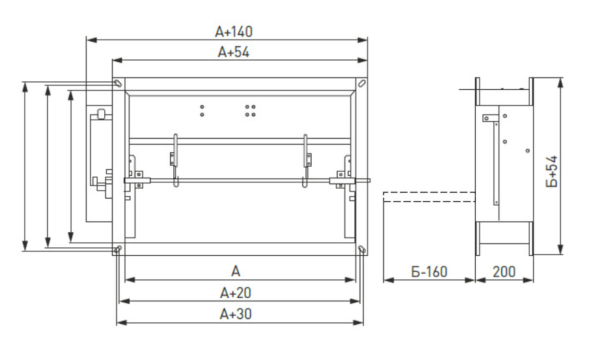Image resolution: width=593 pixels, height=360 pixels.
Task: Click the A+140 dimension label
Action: click(x=234, y=32)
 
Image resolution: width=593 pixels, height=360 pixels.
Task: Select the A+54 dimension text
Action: click(x=234, y=52)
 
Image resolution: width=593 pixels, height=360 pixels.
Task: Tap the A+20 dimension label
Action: click(x=236, y=293)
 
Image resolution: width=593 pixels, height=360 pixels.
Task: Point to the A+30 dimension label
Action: click(x=236, y=314)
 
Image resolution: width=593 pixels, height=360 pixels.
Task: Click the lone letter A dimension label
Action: click(x=236, y=271)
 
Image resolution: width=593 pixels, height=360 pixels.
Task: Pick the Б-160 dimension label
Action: click(x=429, y=272)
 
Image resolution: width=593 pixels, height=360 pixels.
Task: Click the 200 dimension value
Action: click(x=504, y=272)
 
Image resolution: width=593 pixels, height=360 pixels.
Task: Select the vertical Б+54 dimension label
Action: click(x=552, y=171)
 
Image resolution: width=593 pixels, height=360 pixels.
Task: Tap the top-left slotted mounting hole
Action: click(x=118, y=83)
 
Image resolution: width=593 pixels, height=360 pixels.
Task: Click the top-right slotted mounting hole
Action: click(x=362, y=83)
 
